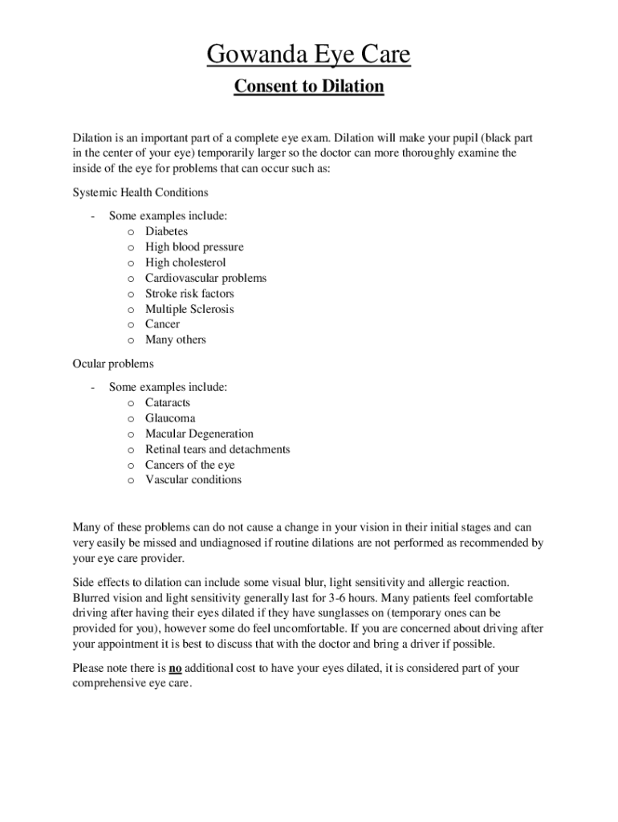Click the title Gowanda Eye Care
coord(308,55)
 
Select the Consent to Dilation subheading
coord(308,86)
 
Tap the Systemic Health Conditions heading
coord(140,193)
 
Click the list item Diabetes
coord(166,231)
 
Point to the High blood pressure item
coord(194,247)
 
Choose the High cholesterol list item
coord(185,262)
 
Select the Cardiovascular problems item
coord(205,278)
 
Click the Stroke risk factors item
coord(189,294)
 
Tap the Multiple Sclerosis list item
coord(189,309)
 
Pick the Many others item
coord(175,340)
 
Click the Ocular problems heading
coord(113,364)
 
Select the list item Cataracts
coord(168,403)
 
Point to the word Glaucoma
coord(170,418)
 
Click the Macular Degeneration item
coord(199,433)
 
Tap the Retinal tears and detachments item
coord(218,450)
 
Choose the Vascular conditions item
coord(193,480)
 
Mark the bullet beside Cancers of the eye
coord(130,466)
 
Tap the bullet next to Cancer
coord(130,325)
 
